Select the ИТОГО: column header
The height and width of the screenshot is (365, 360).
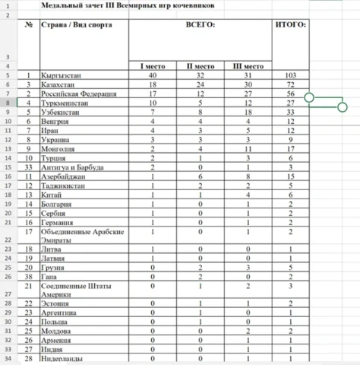[289, 25]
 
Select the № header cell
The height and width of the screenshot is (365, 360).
[28, 25]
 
